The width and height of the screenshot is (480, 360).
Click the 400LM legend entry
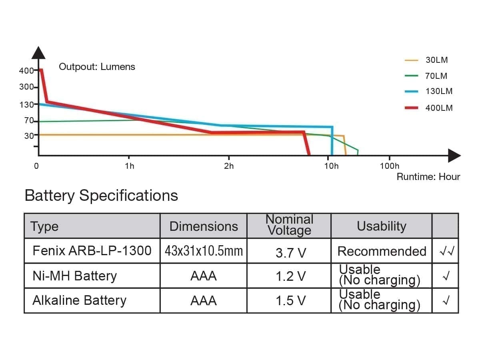[x=439, y=108]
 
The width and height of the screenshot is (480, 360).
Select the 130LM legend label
[x=439, y=91]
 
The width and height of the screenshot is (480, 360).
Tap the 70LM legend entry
[x=436, y=76]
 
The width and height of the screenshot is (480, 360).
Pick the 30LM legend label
[x=436, y=60]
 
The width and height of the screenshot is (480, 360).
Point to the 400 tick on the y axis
[x=26, y=71]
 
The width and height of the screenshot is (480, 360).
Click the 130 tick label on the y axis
[x=26, y=105]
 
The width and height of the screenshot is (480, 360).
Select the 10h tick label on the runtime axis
[x=331, y=166]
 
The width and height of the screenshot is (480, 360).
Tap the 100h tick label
[x=389, y=166]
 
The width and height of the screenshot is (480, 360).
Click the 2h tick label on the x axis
[x=229, y=166]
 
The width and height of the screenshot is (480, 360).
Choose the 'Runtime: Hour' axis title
[x=428, y=177]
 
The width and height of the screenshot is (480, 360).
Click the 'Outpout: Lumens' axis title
[x=97, y=67]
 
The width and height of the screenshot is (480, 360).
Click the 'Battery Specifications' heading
[x=101, y=196]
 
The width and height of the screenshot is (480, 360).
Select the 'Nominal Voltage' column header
[x=289, y=225]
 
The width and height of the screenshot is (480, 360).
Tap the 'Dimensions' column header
[x=204, y=226]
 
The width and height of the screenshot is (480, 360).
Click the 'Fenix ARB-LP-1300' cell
[x=92, y=251]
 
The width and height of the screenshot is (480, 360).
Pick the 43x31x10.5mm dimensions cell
[x=204, y=251]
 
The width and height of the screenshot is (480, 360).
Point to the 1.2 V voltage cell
[x=290, y=276]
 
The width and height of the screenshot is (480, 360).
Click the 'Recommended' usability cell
[x=382, y=251]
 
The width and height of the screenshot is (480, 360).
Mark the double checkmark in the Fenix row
[x=445, y=251]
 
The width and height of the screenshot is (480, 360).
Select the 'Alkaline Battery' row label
[x=79, y=300]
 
